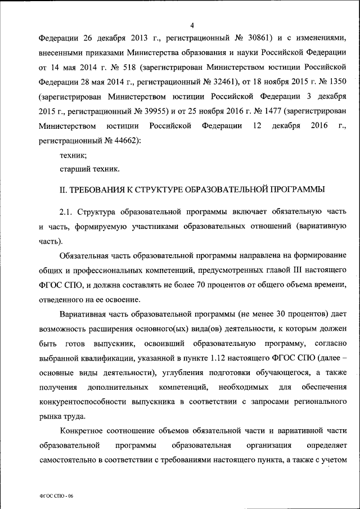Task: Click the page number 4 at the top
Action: (x=192, y=25)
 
